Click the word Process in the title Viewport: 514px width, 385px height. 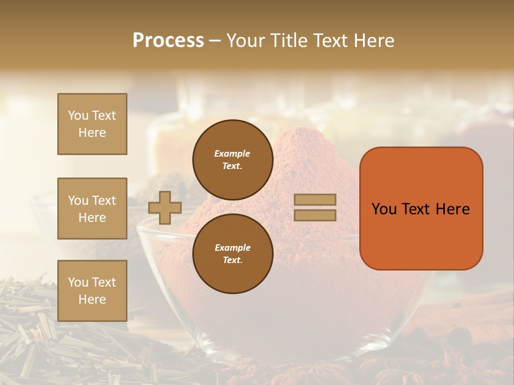(x=168, y=41)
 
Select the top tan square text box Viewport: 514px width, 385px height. (x=92, y=124)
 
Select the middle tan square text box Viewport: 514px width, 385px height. (x=92, y=209)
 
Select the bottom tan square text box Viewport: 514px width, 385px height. (x=92, y=291)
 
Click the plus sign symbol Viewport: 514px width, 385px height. (x=165, y=207)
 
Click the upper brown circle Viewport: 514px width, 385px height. (x=232, y=160)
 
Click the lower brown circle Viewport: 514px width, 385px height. (x=232, y=254)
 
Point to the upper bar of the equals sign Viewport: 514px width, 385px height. (x=315, y=200)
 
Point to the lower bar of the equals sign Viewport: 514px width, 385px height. (x=315, y=215)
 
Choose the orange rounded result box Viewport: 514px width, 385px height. (x=421, y=209)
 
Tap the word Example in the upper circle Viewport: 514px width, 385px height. (x=232, y=154)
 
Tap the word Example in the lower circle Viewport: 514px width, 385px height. (x=232, y=248)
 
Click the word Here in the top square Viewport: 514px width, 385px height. (x=92, y=133)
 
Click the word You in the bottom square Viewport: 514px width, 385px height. (x=78, y=282)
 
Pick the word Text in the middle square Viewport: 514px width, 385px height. (x=104, y=201)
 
